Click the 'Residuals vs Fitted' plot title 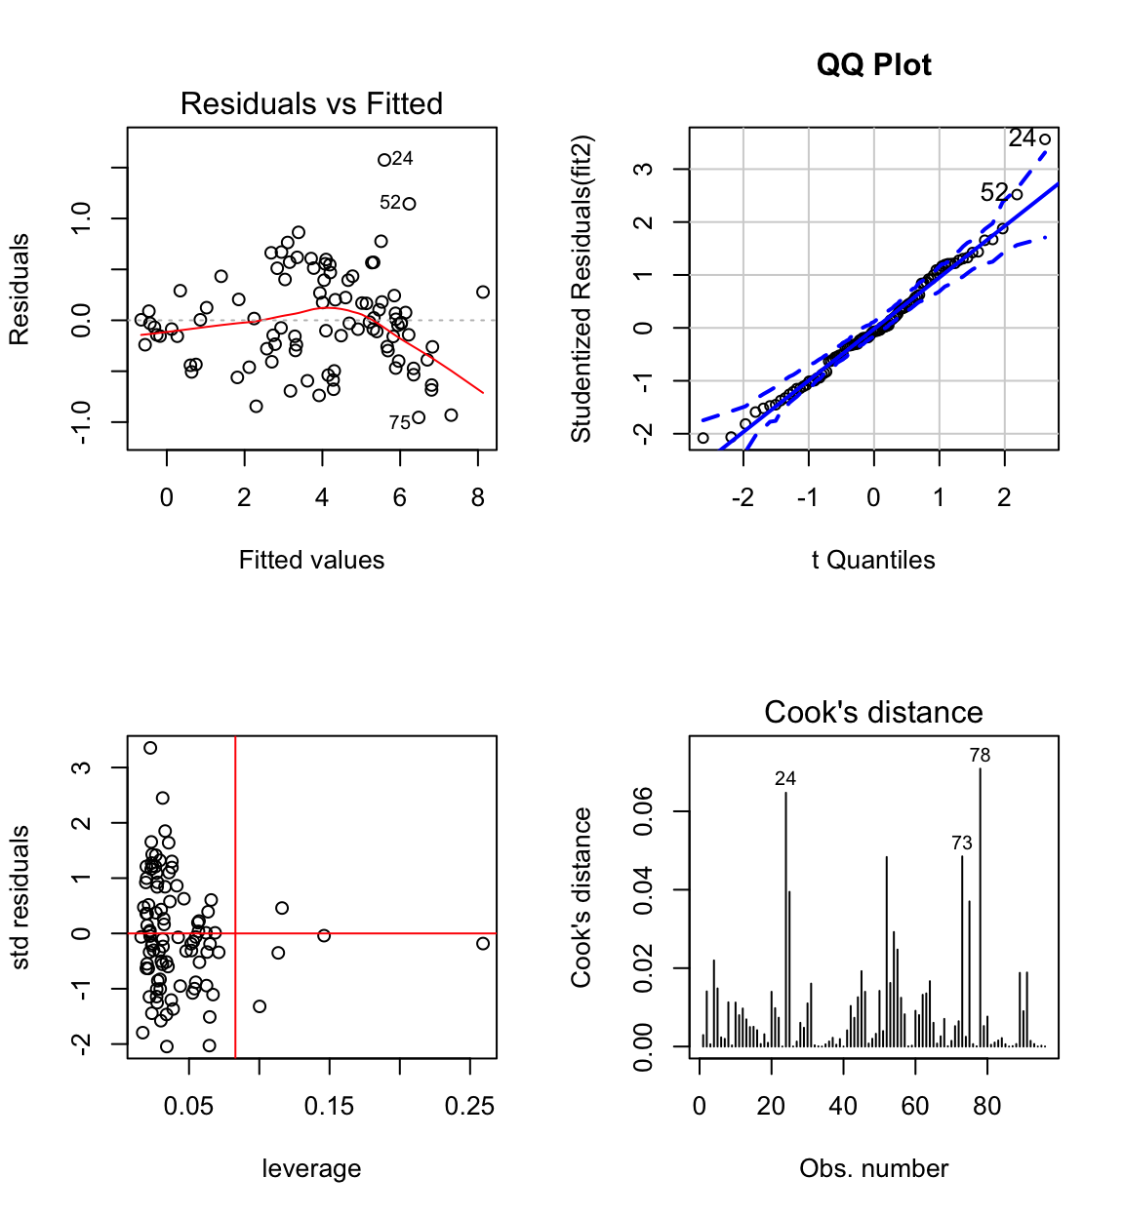click(311, 103)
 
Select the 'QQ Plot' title click(873, 64)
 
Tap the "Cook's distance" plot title click(873, 712)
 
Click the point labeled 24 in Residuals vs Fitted click(384, 160)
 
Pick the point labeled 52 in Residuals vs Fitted click(410, 204)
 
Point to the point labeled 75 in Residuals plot click(419, 417)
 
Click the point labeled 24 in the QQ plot click(1045, 139)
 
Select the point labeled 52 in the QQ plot click(1017, 195)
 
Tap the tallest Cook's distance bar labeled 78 click(980, 907)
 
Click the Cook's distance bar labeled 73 click(962, 951)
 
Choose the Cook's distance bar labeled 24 click(785, 917)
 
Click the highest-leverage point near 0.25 click(483, 943)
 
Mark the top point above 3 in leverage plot click(150, 748)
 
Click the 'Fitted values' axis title click(311, 560)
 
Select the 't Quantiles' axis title click(873, 560)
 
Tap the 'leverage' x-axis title click(311, 1168)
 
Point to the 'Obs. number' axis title click(873, 1168)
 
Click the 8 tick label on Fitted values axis click(477, 498)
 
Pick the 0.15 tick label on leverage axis click(329, 1107)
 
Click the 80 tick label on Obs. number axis click(987, 1107)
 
